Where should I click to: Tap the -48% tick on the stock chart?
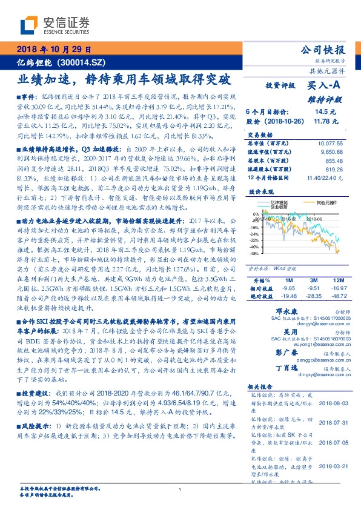(x=254, y=253)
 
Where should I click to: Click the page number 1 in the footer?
(x=180, y=490)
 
